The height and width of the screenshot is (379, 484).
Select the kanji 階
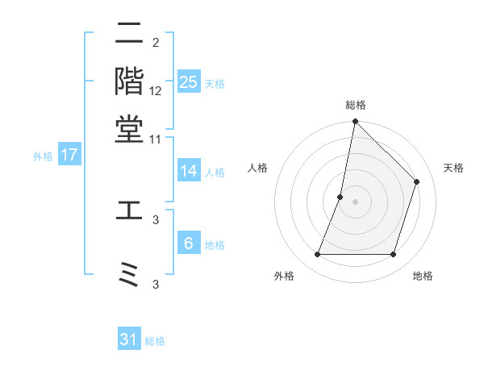point(130,82)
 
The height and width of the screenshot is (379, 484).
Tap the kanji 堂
point(130,129)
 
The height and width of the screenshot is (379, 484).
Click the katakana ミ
point(130,275)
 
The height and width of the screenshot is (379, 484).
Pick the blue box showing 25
point(189,81)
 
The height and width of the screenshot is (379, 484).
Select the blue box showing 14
point(189,171)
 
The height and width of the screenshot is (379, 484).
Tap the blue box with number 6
point(189,243)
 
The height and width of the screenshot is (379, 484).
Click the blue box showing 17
point(69,155)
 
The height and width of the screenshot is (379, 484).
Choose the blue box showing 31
point(129,339)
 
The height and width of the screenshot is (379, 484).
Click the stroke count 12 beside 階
point(156,90)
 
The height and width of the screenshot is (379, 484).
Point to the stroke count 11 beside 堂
point(156,139)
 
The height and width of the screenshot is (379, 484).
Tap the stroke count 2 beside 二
point(156,42)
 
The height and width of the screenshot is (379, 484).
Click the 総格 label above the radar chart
point(355,106)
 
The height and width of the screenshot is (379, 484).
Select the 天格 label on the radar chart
point(453,168)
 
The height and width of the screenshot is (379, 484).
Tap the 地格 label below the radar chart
point(423,276)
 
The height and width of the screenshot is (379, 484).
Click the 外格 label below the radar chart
point(284,276)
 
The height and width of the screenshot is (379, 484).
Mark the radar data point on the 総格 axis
point(355,123)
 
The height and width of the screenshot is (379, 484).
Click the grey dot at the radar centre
point(355,201)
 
